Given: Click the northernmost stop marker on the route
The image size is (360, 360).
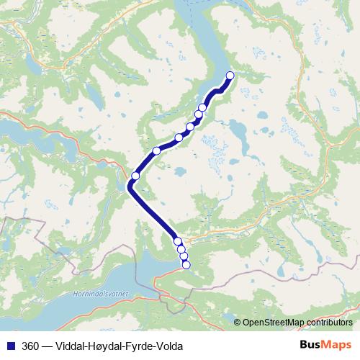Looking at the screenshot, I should [x=230, y=76].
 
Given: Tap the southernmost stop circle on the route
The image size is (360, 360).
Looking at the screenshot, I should [x=186, y=265].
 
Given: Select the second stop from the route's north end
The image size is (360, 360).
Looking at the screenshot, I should [x=202, y=107].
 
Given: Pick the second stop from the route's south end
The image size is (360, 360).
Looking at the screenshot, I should [x=184, y=257].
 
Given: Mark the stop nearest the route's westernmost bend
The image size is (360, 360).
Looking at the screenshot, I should [x=135, y=176].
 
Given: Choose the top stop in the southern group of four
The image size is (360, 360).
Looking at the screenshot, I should [x=177, y=241].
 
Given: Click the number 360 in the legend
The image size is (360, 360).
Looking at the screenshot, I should [x=30, y=346].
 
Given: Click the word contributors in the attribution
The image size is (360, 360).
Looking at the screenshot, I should [x=330, y=322].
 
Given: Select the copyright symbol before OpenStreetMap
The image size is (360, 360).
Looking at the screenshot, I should [x=238, y=322].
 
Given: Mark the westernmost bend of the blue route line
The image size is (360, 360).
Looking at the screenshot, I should [x=130, y=187].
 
